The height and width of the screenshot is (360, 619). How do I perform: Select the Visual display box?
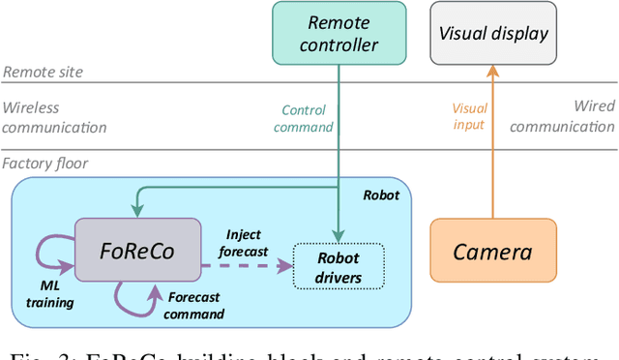[493, 33]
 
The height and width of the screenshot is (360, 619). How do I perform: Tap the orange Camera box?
[493, 252]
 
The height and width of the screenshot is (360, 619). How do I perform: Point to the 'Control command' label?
[304, 119]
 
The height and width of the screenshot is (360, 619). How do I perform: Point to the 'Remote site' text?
[43, 73]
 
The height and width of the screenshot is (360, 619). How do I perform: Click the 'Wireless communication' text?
[52, 118]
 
